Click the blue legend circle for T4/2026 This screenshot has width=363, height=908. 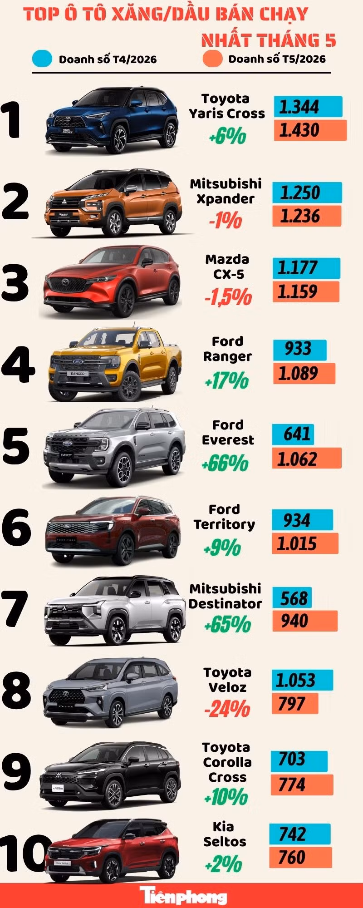point(42,59)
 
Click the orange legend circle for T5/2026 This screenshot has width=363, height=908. point(213,59)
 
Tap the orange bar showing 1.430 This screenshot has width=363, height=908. point(310,130)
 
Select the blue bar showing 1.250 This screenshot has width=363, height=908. point(307,192)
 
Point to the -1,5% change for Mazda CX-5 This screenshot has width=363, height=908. point(228,297)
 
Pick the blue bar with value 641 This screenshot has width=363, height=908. point(293,434)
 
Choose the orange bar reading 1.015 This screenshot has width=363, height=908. point(305,543)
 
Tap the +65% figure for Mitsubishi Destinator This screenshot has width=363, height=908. point(227,624)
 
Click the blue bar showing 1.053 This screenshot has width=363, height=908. point(303,680)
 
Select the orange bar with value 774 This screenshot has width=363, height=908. point(302,785)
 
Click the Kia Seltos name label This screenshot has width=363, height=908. point(224,834)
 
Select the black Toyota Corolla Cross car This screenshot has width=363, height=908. point(111,775)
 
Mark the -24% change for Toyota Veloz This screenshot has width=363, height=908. point(227,708)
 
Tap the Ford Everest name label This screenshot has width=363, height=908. point(228,432)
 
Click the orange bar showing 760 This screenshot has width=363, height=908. point(300,858)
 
